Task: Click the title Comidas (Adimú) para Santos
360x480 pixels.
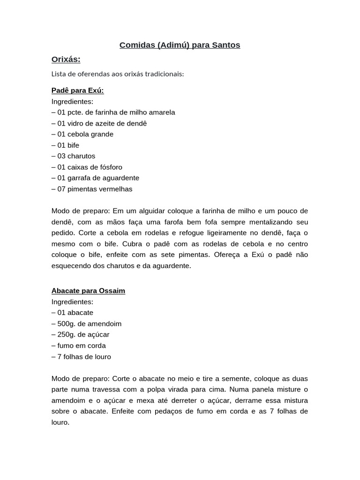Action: point(180,45)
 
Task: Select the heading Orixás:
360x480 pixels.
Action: point(66,59)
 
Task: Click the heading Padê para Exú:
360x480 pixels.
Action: point(77,90)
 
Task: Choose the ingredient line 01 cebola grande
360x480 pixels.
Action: point(82,134)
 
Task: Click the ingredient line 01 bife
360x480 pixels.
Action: point(66,145)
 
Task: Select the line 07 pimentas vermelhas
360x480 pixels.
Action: point(92,189)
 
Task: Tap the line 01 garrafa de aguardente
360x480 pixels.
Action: point(95,178)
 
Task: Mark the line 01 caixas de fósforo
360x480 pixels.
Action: point(87,167)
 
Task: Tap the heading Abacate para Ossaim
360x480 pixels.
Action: point(88,291)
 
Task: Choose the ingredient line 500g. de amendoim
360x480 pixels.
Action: point(87,323)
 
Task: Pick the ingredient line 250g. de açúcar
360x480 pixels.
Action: point(81,335)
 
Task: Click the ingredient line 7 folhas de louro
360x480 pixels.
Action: point(82,357)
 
